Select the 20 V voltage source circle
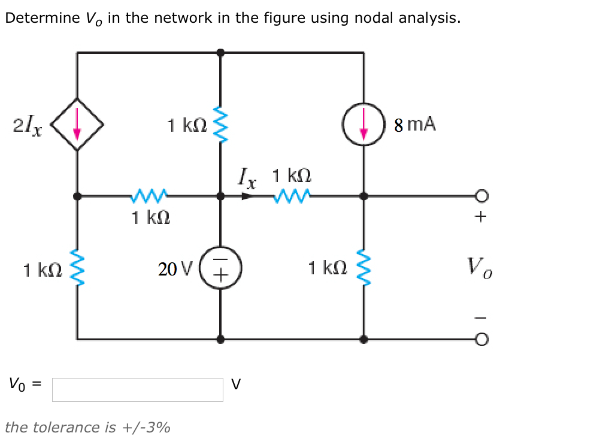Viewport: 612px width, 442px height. [221, 267]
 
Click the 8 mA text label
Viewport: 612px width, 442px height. [415, 125]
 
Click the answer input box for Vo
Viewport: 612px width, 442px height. [137, 389]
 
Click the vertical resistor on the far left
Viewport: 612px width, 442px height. [77, 267]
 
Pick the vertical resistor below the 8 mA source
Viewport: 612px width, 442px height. [363, 267]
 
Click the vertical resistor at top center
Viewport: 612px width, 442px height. [221, 124]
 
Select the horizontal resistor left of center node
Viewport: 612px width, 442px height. [149, 195]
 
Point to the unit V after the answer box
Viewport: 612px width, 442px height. [236, 385]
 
